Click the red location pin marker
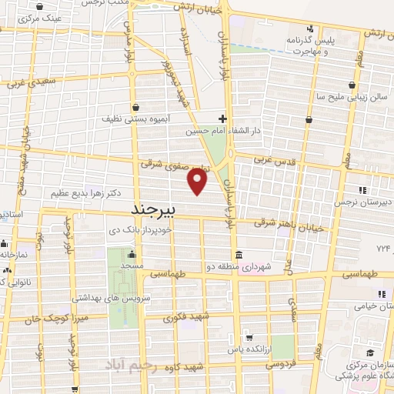(198, 182)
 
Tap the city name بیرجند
(155, 209)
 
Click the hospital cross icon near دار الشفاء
(222, 119)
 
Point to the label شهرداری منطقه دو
(266, 265)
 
